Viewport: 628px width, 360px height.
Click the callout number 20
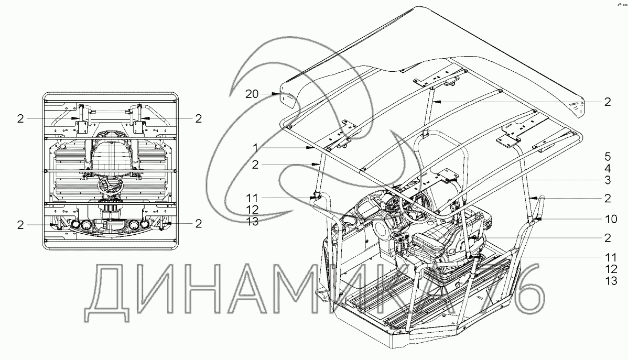(252, 94)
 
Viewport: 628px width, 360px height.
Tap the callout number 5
(607, 156)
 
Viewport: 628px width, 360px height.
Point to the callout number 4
(607, 169)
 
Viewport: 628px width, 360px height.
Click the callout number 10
(607, 218)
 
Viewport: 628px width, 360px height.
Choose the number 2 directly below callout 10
(607, 237)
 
